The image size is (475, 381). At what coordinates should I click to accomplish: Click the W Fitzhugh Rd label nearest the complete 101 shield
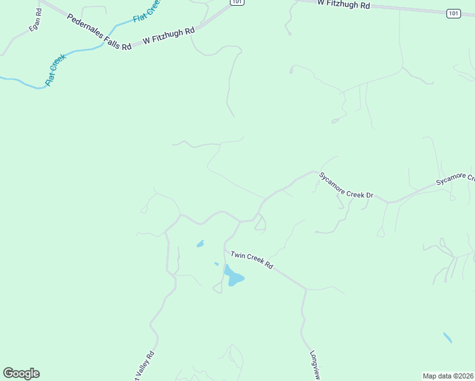[x=344, y=4]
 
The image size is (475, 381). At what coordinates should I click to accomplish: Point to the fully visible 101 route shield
[x=453, y=13]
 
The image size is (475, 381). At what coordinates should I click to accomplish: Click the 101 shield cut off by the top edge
[x=236, y=2]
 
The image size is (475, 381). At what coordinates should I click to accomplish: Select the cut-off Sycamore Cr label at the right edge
[x=455, y=178]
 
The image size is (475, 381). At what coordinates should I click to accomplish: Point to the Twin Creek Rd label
[x=251, y=260]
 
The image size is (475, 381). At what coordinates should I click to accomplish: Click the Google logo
[x=21, y=373]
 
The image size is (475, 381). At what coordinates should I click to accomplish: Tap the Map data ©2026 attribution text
[x=448, y=375]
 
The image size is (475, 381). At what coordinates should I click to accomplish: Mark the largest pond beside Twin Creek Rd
[x=233, y=277]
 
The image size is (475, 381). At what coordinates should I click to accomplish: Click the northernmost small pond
[x=201, y=243]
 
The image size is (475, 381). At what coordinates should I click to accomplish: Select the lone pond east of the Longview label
[x=448, y=337]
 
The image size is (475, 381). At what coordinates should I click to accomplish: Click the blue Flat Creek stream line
[x=83, y=50]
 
